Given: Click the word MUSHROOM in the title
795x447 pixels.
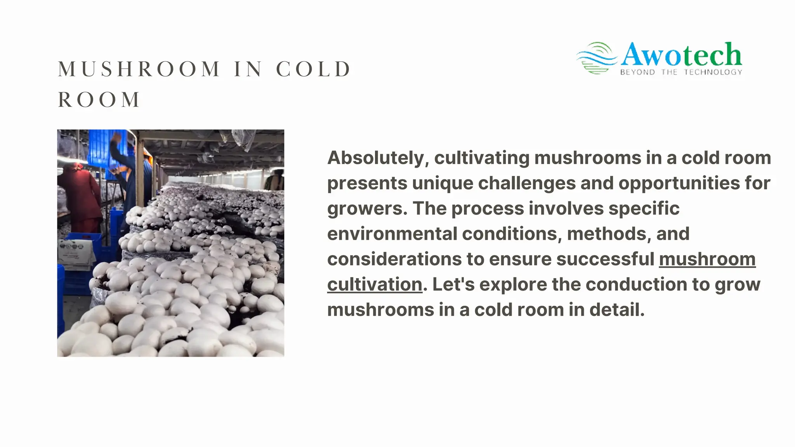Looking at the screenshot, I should click(x=139, y=69).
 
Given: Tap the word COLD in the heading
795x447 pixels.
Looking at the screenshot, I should click(x=313, y=69).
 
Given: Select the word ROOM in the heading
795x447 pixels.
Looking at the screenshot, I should click(x=99, y=100).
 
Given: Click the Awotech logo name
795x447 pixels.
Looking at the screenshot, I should click(x=681, y=55).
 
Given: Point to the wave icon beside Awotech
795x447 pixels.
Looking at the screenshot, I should click(x=596, y=58).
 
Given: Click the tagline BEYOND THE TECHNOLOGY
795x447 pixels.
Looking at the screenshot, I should click(x=681, y=72).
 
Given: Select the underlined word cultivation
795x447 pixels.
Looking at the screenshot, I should click(x=375, y=284).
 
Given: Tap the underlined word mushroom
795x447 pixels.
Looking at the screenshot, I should click(x=707, y=259).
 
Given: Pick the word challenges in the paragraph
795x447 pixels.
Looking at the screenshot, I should click(x=526, y=183).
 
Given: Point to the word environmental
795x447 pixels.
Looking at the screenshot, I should click(x=392, y=234).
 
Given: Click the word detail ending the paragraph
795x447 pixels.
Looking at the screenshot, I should click(x=616, y=310).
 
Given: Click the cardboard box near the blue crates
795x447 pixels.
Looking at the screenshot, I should click(x=76, y=254).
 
